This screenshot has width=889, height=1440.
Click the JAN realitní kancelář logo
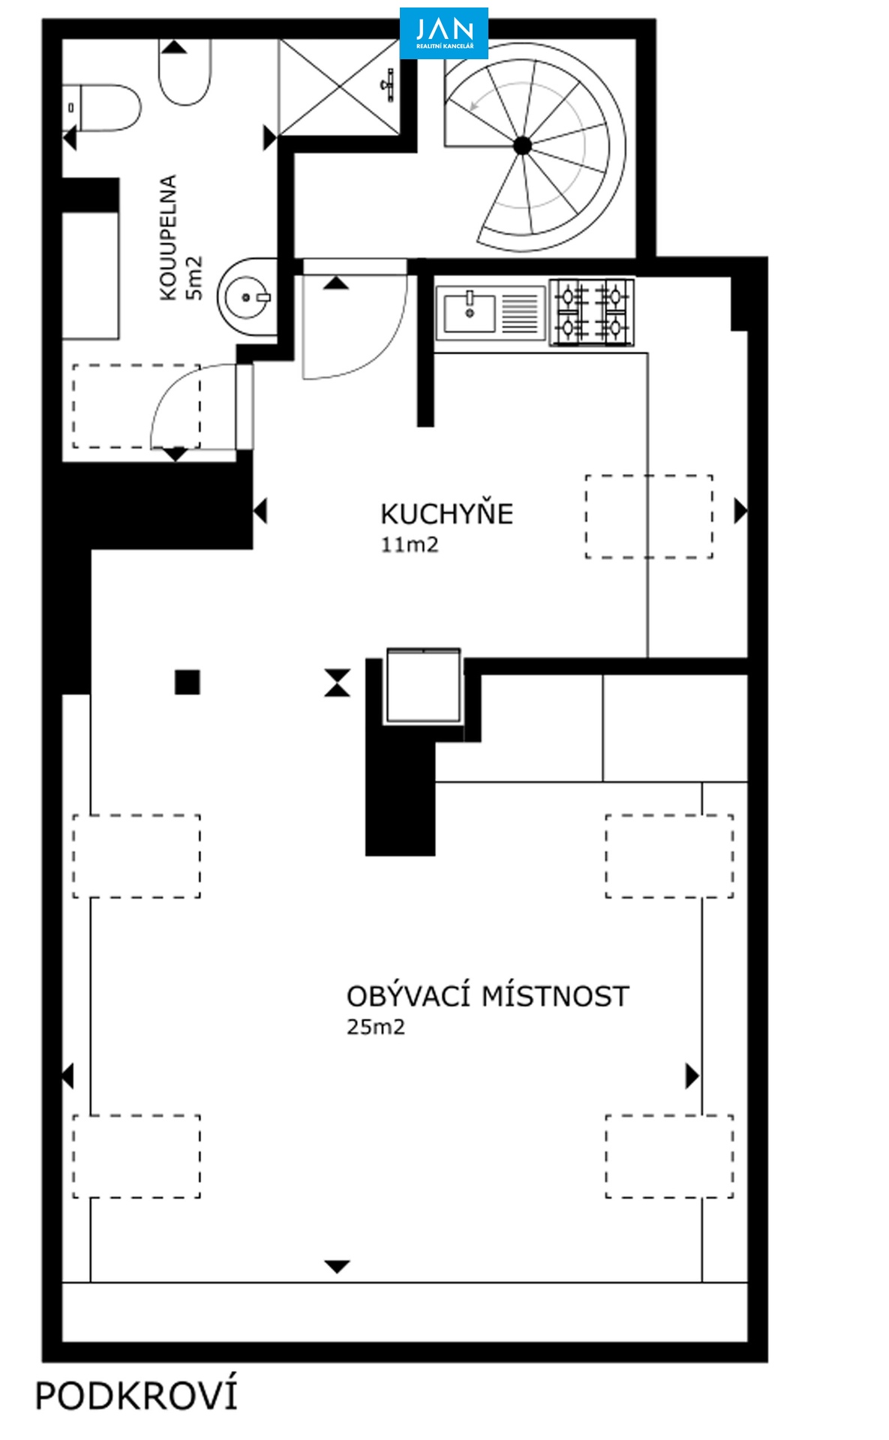pyautogui.click(x=443, y=33)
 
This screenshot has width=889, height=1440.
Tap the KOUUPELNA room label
pyautogui.click(x=168, y=238)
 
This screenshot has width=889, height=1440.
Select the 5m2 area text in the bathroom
pyautogui.click(x=194, y=278)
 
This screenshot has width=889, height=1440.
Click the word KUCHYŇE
pyautogui.click(x=446, y=514)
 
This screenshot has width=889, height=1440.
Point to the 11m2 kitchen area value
pyautogui.click(x=409, y=545)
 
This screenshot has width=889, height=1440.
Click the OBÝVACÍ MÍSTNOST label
pyautogui.click(x=488, y=995)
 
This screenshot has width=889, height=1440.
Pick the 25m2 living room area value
pyautogui.click(x=375, y=1027)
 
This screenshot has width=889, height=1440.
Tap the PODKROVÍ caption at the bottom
pyautogui.click(x=137, y=1396)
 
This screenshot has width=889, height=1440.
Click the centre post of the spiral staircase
pyautogui.click(x=523, y=145)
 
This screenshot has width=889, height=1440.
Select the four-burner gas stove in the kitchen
pyautogui.click(x=592, y=312)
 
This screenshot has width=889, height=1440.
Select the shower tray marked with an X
pyautogui.click(x=340, y=87)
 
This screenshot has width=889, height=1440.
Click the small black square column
pyautogui.click(x=188, y=682)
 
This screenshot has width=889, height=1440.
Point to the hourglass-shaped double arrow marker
pyautogui.click(x=338, y=683)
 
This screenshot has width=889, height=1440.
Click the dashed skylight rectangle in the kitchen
pyautogui.click(x=649, y=516)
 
